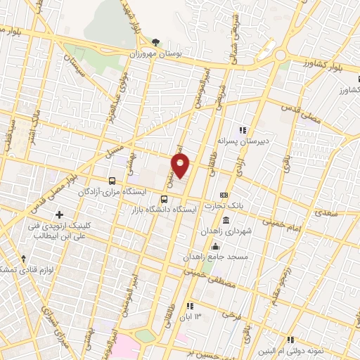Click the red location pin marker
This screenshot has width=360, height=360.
pos(181,166)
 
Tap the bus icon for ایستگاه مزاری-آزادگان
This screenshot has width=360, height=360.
pos(113,179)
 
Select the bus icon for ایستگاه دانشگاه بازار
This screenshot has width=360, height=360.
pos(165,199)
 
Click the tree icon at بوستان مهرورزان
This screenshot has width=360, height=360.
pos(155,42)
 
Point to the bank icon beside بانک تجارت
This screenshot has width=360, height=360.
pos(224,195)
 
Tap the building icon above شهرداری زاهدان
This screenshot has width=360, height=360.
pos(226,220)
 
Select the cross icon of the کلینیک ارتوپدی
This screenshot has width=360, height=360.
pos(59,214)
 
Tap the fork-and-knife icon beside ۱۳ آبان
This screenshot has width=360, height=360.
pos(189,306)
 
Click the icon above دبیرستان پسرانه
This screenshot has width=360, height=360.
pos(243,130)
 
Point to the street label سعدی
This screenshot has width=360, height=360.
pos(328,210)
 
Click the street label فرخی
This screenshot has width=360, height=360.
pos(225,315)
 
